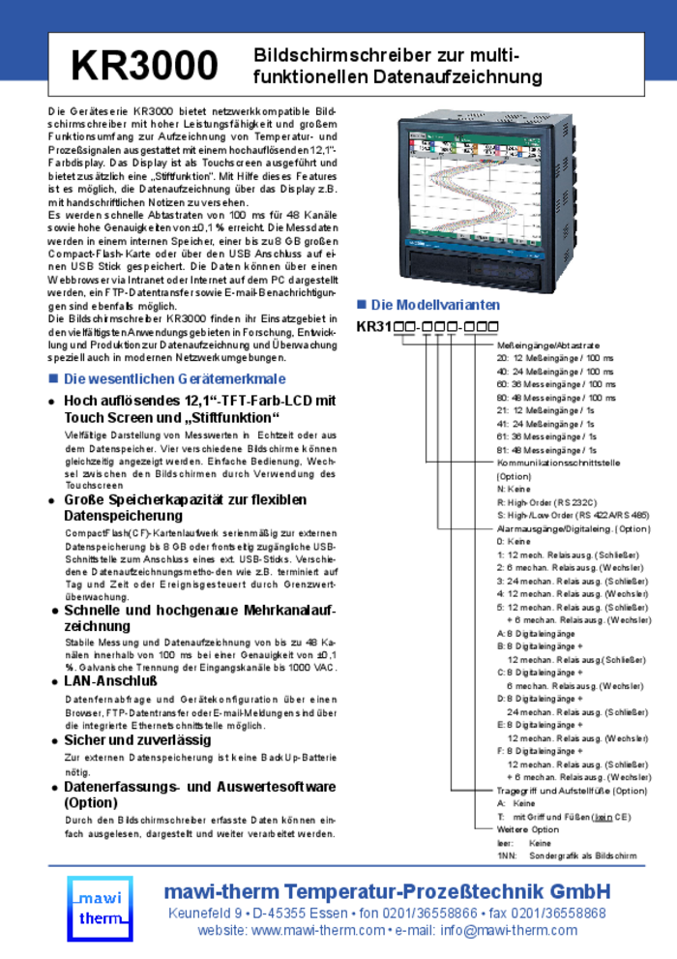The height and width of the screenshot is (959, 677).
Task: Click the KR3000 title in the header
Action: [x=144, y=66]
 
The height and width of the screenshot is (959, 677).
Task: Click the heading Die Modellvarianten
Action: [x=436, y=305]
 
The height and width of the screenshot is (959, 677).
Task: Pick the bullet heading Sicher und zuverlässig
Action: [x=137, y=739]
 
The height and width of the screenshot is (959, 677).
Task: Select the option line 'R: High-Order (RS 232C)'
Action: [x=547, y=502]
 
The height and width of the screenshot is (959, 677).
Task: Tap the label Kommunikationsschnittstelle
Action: [x=558, y=463]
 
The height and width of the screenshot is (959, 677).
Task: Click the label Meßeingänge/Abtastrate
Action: [x=548, y=345]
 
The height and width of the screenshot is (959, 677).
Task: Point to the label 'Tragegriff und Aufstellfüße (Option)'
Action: [x=572, y=790]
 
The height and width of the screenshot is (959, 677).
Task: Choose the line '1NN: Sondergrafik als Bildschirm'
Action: [x=567, y=855]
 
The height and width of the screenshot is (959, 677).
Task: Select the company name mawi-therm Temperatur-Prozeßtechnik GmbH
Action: [x=387, y=891]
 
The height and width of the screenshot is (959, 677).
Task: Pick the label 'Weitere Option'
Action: [x=528, y=829]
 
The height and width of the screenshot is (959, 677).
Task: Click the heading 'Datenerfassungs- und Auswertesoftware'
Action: [x=200, y=787]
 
